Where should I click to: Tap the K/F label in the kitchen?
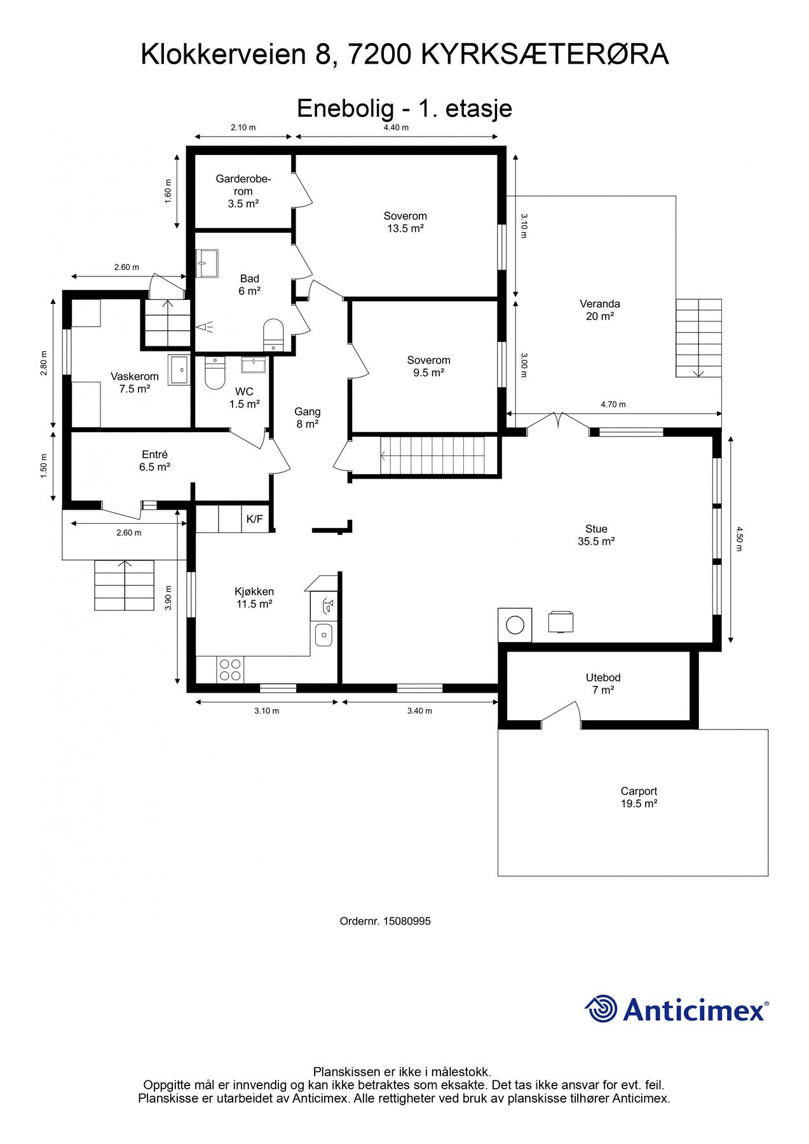(x=254, y=519)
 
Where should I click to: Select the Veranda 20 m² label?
(x=599, y=310)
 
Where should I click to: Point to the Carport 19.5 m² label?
(x=639, y=798)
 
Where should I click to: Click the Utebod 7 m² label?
(x=603, y=684)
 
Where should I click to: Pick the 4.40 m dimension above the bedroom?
(x=396, y=128)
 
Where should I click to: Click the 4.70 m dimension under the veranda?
(x=613, y=404)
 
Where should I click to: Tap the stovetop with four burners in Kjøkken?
(x=230, y=670)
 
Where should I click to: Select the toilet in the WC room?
(x=215, y=373)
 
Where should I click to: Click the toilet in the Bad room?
(x=273, y=334)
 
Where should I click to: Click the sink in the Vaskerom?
(x=179, y=370)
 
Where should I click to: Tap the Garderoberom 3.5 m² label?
(x=243, y=191)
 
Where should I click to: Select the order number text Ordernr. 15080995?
(x=385, y=921)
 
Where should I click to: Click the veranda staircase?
(x=698, y=338)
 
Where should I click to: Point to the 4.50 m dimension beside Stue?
(x=738, y=539)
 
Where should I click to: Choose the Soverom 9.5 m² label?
(x=428, y=367)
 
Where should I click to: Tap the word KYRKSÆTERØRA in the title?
(x=545, y=55)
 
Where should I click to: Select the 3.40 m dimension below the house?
(x=419, y=711)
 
